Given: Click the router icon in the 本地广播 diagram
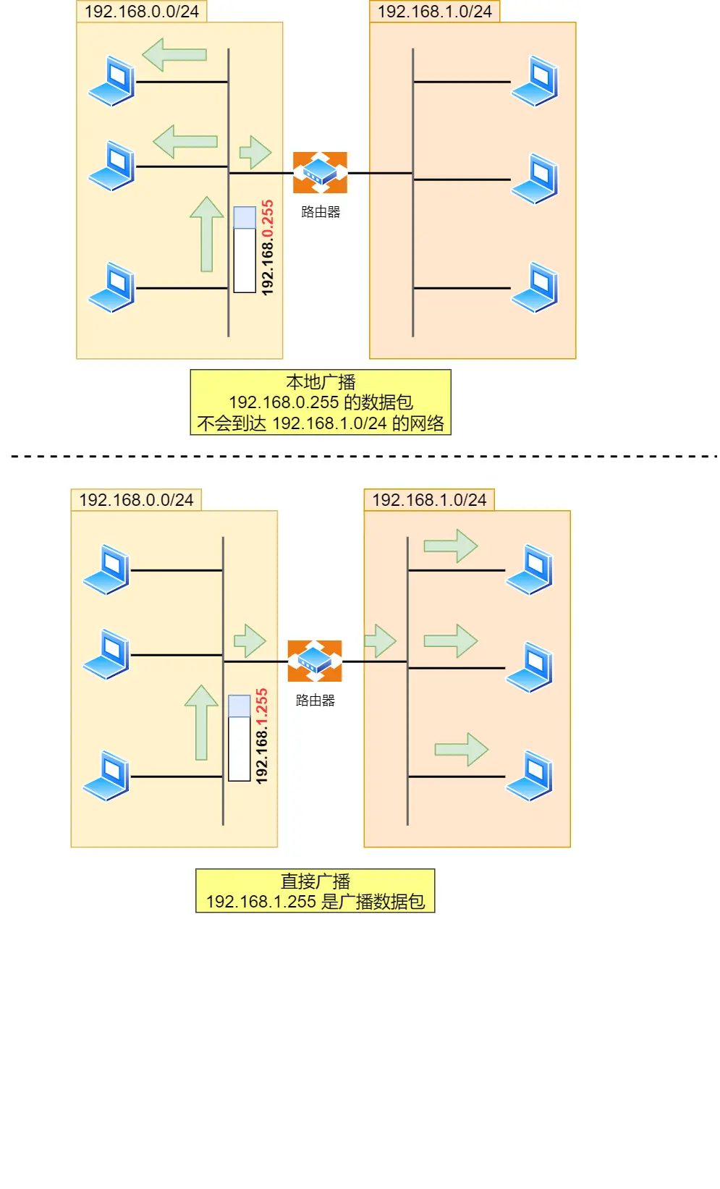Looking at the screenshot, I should point(320,172).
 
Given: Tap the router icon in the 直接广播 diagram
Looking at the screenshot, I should point(315,661).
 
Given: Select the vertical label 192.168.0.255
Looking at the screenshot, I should point(268,247).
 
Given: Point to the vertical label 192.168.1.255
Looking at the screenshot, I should point(262,736).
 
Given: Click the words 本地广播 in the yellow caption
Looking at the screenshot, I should point(321,382).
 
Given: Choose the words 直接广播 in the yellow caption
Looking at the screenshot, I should point(315,881).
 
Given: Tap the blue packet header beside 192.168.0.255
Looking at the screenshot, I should point(245,218).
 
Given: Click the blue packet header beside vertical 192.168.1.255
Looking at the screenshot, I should point(240,706).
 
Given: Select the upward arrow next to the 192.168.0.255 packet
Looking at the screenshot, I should point(207,234).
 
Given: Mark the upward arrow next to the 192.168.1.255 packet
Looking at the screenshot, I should point(201,722).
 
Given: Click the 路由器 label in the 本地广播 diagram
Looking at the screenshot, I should point(321,212).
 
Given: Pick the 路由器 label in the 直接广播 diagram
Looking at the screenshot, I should point(315,701).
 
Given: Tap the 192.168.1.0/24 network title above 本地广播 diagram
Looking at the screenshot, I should point(434,12).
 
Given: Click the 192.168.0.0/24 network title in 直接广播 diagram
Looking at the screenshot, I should point(136,500).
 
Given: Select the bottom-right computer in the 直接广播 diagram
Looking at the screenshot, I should point(530,776).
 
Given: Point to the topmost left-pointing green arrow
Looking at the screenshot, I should point(174,54).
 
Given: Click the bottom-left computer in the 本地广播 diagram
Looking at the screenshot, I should point(112,287).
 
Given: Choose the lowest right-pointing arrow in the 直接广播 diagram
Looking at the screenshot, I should point(462,749).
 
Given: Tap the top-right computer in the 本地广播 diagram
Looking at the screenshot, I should point(535,81).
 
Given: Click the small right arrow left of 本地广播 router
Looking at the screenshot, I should point(255,152).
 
